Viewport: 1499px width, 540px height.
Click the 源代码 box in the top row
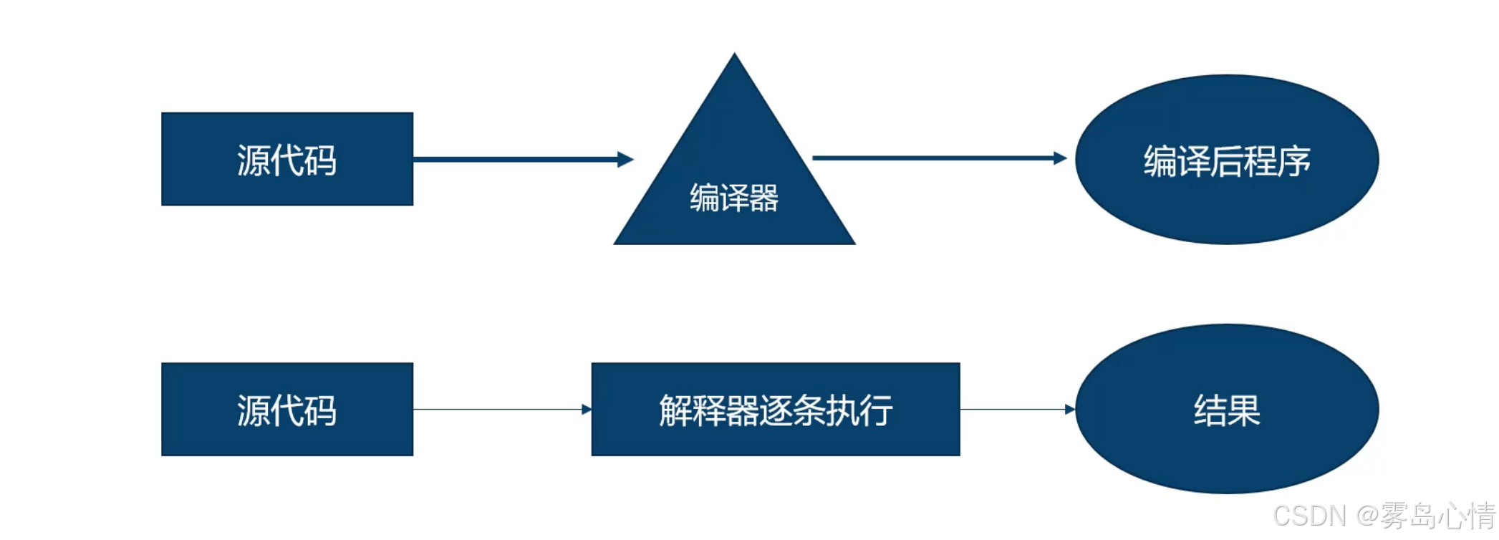pos(286,159)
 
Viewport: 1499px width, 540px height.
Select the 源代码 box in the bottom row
pos(286,409)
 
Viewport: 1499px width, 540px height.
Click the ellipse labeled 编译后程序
pos(1226,159)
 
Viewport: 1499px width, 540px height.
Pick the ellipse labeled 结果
pos(1226,409)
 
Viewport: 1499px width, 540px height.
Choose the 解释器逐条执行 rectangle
pos(775,409)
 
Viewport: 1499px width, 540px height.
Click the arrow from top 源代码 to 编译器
pos(516,159)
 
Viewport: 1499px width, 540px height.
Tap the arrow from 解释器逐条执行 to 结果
pos(1013,409)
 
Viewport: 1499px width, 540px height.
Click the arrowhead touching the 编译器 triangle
pos(625,159)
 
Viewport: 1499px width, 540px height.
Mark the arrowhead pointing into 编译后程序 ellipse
pos(1060,158)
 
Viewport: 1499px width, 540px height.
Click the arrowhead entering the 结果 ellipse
pos(1070,409)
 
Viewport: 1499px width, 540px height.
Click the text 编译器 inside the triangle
pos(734,198)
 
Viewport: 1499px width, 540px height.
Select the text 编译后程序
pos(1226,161)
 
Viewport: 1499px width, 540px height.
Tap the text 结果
pos(1226,410)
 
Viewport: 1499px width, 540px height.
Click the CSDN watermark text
pos(1309,516)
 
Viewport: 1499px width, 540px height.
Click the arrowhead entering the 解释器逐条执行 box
pos(587,409)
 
